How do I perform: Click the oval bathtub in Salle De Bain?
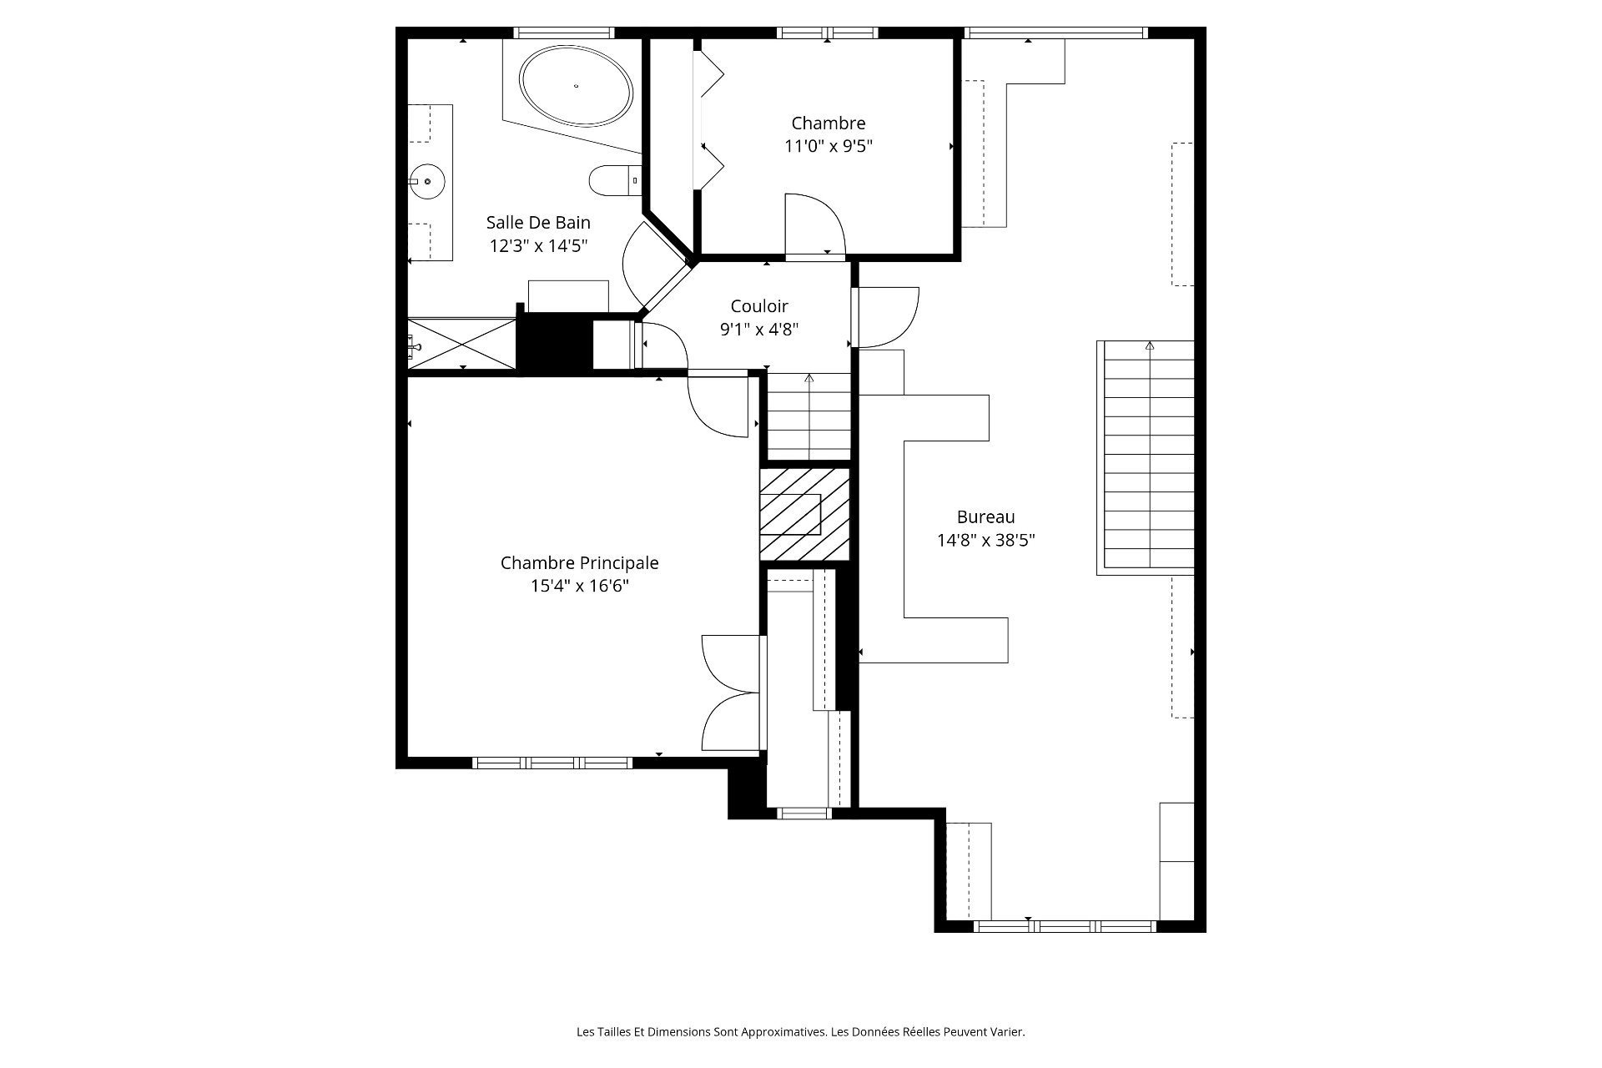(x=576, y=85)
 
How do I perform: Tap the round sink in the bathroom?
(x=427, y=181)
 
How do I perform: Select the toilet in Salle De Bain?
(x=614, y=180)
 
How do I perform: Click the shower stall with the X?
(x=461, y=343)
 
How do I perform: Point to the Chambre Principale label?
(x=580, y=563)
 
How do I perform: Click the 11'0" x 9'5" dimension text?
(x=829, y=147)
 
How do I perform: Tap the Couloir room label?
(x=759, y=306)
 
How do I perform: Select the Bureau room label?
(x=986, y=517)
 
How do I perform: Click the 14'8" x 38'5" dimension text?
(x=986, y=541)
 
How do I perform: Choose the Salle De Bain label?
(x=538, y=223)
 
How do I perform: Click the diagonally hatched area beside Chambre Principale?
(x=804, y=514)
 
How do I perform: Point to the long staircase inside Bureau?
(x=1146, y=457)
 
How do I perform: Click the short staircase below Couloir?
(x=809, y=416)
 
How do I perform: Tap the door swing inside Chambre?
(x=815, y=224)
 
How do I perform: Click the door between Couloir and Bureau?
(x=886, y=317)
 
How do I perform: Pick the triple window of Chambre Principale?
(x=552, y=763)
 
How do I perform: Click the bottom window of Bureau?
(x=1065, y=926)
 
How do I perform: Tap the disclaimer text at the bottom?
(x=801, y=1032)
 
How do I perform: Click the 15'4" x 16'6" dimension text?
(x=580, y=587)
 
